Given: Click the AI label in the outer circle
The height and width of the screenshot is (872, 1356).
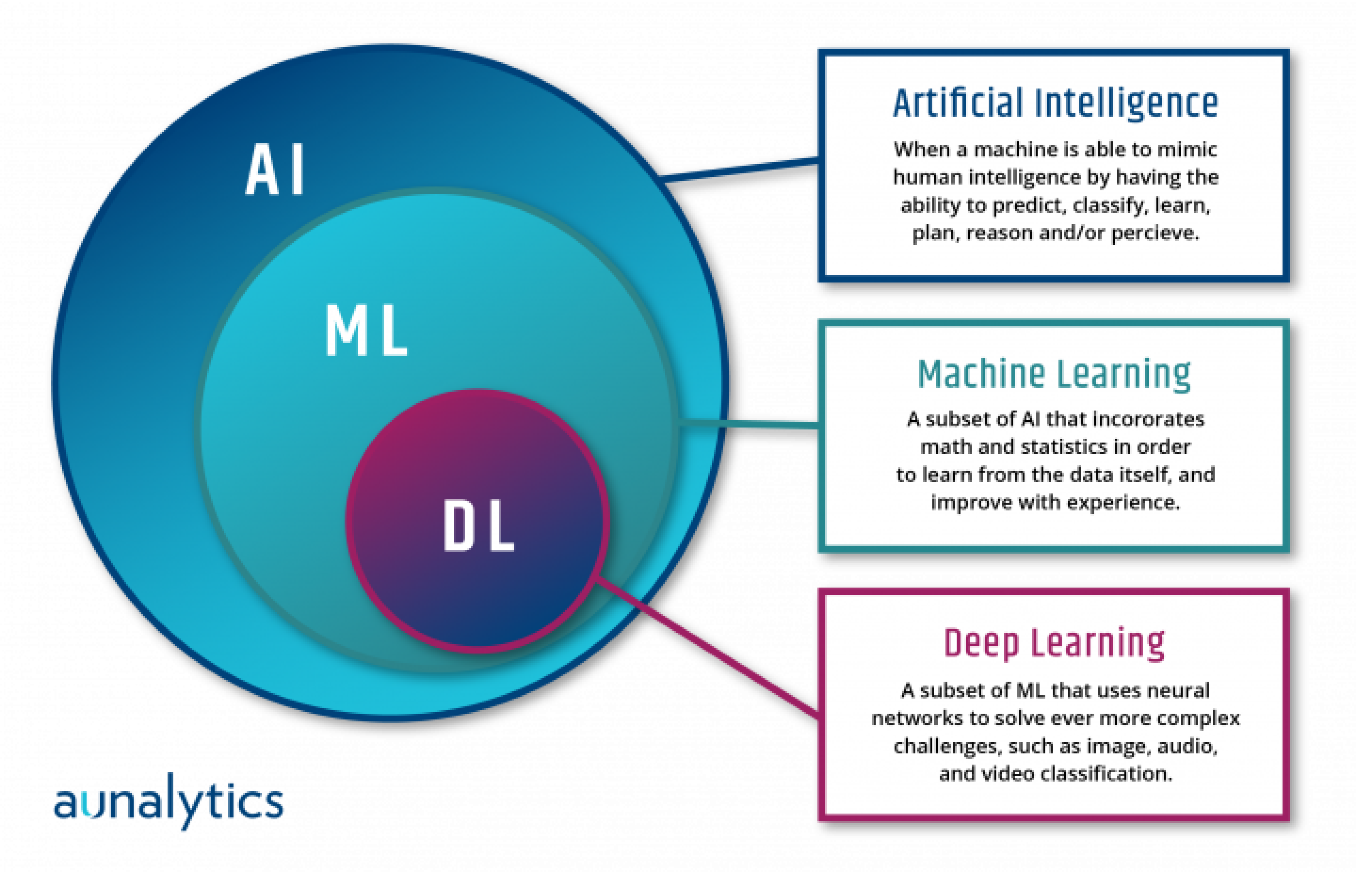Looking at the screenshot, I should [x=275, y=170].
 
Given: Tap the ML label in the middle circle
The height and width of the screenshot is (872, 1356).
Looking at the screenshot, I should [x=366, y=331].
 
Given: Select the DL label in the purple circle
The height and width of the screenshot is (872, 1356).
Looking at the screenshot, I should [x=479, y=526].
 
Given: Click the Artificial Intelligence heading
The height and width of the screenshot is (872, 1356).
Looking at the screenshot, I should [x=1055, y=104].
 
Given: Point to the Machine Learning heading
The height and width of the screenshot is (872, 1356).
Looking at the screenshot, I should [x=1054, y=374].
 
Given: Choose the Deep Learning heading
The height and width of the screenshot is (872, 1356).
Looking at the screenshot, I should [x=1054, y=643].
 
